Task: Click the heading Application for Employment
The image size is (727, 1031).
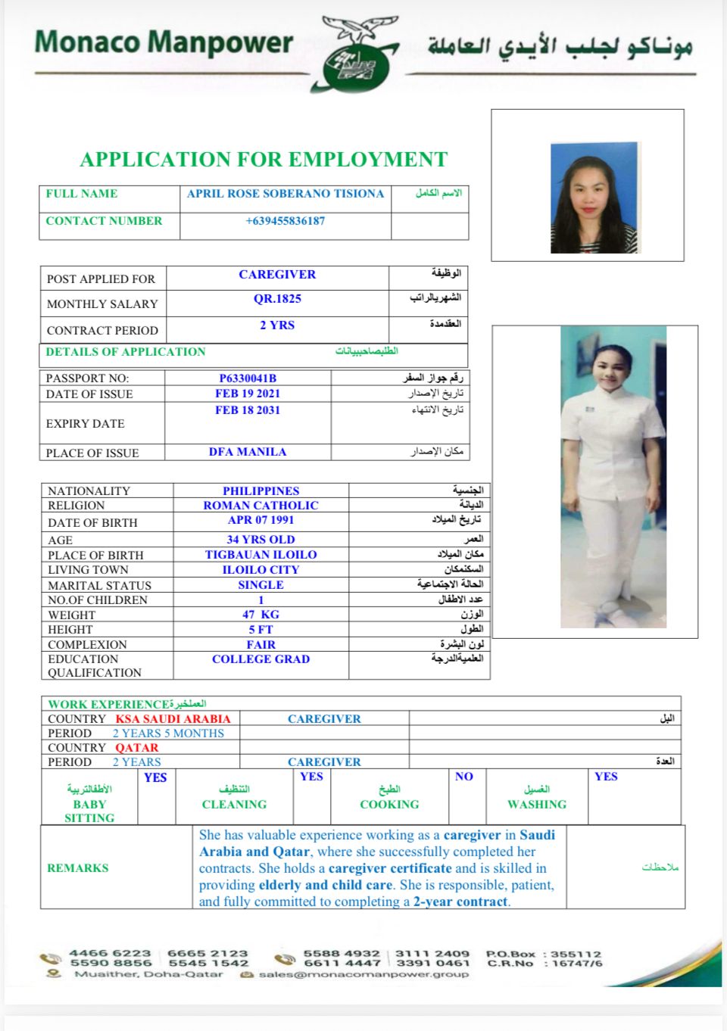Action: [x=264, y=160]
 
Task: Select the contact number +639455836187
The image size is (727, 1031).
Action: [x=285, y=221]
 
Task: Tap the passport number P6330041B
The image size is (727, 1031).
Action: [x=248, y=378]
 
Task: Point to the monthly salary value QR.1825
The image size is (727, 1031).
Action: [x=277, y=299]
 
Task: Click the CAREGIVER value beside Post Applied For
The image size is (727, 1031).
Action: [x=277, y=275]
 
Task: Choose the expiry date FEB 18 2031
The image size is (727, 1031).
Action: [x=248, y=410]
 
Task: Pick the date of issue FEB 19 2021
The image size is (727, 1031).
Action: [x=248, y=394]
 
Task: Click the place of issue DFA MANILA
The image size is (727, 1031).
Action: [x=248, y=452]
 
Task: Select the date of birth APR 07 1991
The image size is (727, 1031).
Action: [x=261, y=520]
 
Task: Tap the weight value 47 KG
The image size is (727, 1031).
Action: [x=261, y=615]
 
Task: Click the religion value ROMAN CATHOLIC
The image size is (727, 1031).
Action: [x=261, y=506]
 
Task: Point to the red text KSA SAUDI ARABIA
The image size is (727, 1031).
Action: [x=173, y=719]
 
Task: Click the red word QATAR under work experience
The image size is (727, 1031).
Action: [x=137, y=748]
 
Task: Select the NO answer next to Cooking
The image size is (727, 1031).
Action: [x=464, y=777]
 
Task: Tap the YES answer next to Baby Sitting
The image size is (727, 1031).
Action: [x=155, y=777]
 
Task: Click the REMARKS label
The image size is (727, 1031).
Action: [x=77, y=868]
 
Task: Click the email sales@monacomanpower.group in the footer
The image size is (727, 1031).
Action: [x=363, y=974]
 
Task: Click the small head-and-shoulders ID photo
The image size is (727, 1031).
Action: [x=594, y=198]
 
